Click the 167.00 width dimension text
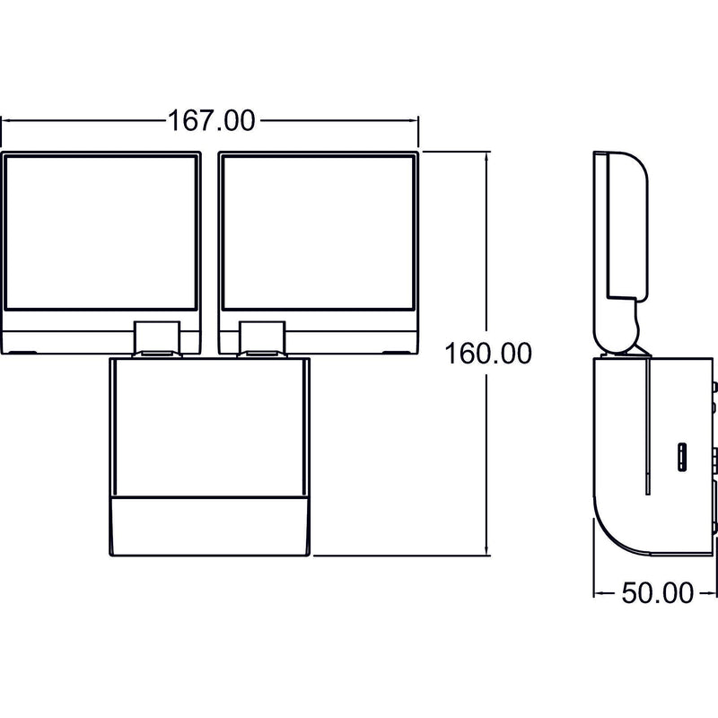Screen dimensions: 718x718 tap(212, 121)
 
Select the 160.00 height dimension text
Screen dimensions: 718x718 tap(488, 354)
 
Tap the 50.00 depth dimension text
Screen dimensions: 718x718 tap(657, 593)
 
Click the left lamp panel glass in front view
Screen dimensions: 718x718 tap(101, 232)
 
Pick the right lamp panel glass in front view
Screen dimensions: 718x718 tap(319, 232)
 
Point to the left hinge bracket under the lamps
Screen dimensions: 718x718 tap(156, 338)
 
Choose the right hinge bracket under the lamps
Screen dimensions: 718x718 tap(262, 338)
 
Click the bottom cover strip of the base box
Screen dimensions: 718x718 tap(210, 526)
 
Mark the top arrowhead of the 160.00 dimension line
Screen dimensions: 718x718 tap(487, 156)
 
